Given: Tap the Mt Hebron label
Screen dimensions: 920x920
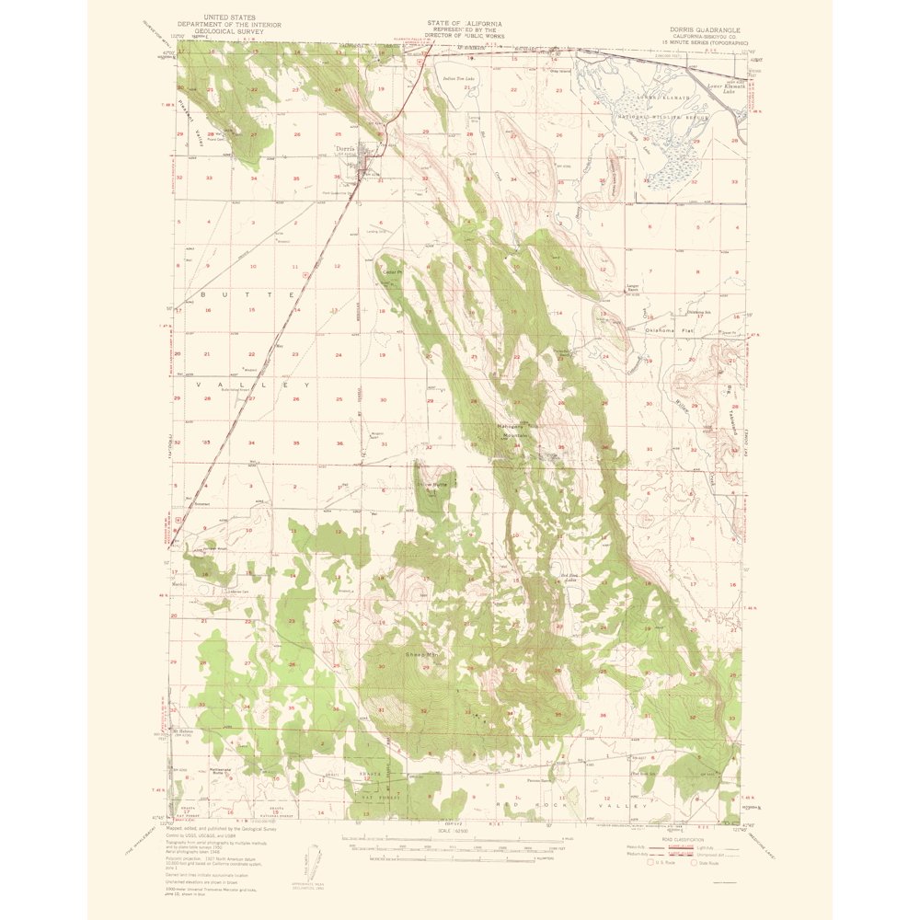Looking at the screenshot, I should pyautogui.click(x=183, y=733).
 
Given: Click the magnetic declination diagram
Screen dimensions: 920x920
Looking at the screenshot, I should pyautogui.click(x=313, y=860).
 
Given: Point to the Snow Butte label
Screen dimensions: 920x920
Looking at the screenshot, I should pyautogui.click(x=433, y=483).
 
